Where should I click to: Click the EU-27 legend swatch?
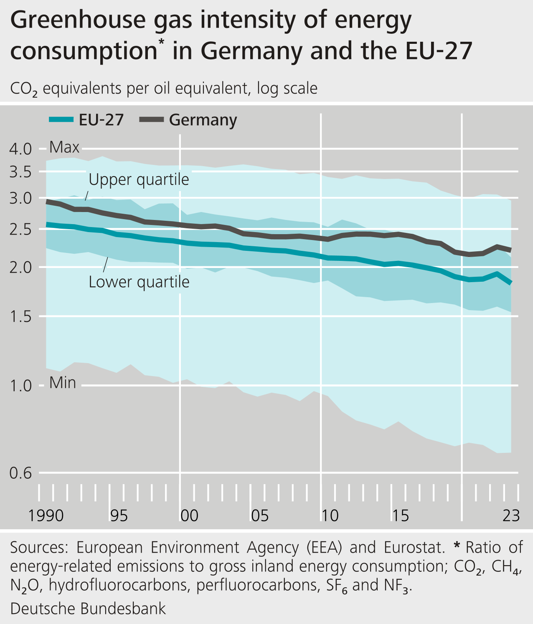[x=62, y=120]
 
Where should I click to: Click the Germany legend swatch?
[x=151, y=120]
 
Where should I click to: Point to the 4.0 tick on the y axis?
[x=20, y=149]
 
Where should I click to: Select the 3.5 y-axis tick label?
[x=20, y=172]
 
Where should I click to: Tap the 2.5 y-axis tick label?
[x=20, y=230]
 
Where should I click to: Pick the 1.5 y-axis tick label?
[x=20, y=317]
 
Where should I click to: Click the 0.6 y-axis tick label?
[x=20, y=473]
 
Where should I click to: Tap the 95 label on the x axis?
[x=119, y=516]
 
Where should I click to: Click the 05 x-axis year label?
[x=259, y=516]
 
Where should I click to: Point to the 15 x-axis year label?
[x=400, y=516]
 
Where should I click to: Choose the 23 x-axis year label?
[x=511, y=516]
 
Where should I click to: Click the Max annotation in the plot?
[x=64, y=147]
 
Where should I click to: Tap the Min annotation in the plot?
[x=63, y=383]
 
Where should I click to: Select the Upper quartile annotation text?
[x=139, y=179]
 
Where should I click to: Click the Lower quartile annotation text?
[x=139, y=282]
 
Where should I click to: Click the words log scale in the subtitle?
[x=287, y=88]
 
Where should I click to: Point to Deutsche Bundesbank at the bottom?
[x=88, y=609]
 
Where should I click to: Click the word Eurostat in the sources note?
[x=414, y=547]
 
